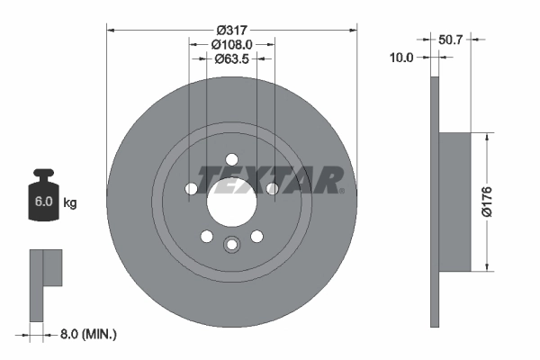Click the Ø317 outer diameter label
coord(231,29)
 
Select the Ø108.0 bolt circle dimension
coord(231,44)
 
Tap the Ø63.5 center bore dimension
coord(231,60)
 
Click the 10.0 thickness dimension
coord(401,58)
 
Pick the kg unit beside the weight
coord(70,203)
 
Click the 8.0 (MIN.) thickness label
coord(88,334)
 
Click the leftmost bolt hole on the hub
coord(191,189)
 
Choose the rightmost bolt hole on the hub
coord(272,189)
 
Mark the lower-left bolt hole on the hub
coord(206,236)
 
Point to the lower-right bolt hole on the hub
coord(256,236)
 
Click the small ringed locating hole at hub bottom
coord(231,244)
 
